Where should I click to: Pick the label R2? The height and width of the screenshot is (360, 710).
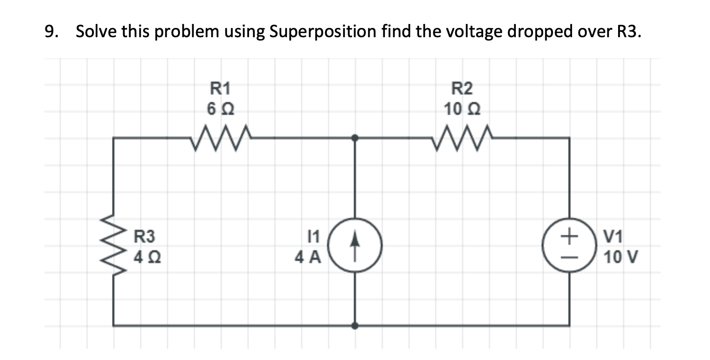(462, 89)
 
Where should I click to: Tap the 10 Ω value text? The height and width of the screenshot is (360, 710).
(462, 108)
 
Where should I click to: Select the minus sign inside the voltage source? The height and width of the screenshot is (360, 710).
(568, 256)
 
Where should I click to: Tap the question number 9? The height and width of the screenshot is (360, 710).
(49, 32)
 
